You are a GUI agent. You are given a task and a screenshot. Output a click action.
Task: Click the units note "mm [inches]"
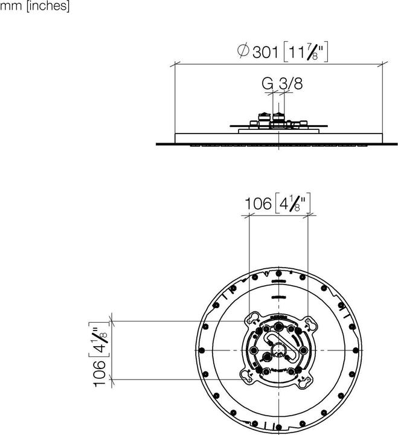[35, 7]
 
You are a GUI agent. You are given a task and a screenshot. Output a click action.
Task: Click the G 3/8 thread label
[281, 84]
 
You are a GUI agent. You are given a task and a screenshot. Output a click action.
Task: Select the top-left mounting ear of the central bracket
[249, 320]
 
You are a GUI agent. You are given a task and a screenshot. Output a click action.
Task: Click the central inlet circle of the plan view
[278, 350]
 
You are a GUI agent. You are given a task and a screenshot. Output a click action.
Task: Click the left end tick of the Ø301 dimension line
[175, 63]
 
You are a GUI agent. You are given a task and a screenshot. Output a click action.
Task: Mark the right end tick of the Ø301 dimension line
[382, 63]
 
